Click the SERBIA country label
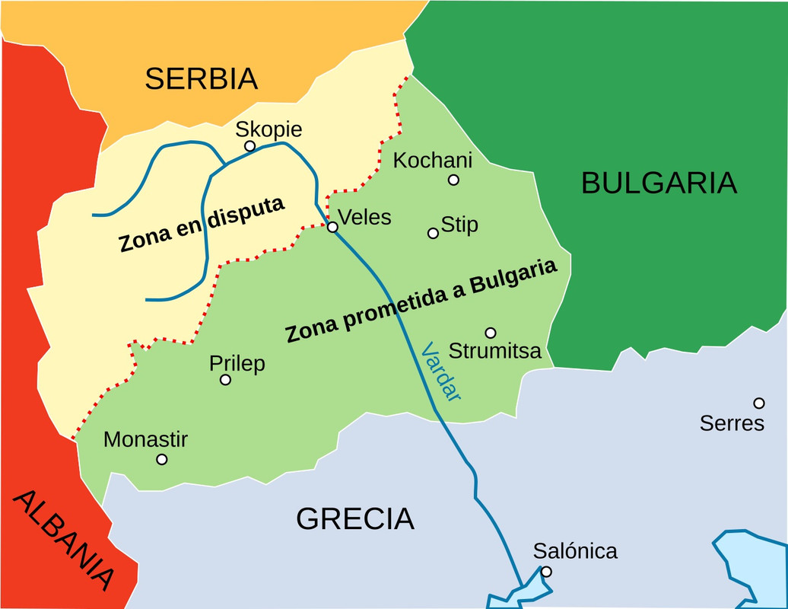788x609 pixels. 202,78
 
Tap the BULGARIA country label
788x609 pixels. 659,183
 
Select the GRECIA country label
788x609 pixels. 354,518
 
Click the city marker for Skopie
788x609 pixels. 249,146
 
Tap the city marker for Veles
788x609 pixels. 332,227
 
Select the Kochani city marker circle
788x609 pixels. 453,180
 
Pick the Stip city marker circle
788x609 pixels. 434,233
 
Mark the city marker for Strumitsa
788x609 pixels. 491,333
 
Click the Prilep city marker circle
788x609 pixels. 225,380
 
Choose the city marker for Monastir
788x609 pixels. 161,459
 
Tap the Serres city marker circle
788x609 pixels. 758,403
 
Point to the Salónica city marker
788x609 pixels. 546,572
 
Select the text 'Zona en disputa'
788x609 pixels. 202,225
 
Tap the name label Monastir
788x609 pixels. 145,439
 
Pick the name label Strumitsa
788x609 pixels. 495,351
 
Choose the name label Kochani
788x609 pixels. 432,161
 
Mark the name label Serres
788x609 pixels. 732,423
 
